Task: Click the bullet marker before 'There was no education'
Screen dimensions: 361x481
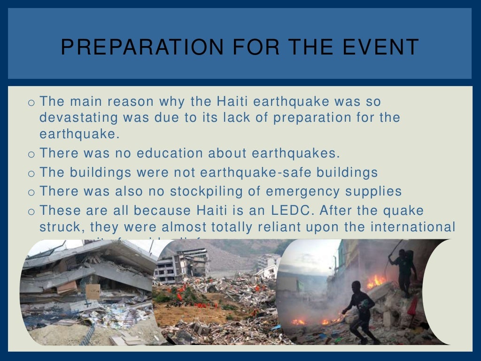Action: (x=31, y=154)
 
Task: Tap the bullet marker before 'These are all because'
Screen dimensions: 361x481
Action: (x=31, y=211)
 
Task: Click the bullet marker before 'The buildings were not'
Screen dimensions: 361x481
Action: (x=31, y=173)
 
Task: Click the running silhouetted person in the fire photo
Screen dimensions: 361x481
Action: (x=359, y=310)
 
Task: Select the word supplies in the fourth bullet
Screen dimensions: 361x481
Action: (x=375, y=191)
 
